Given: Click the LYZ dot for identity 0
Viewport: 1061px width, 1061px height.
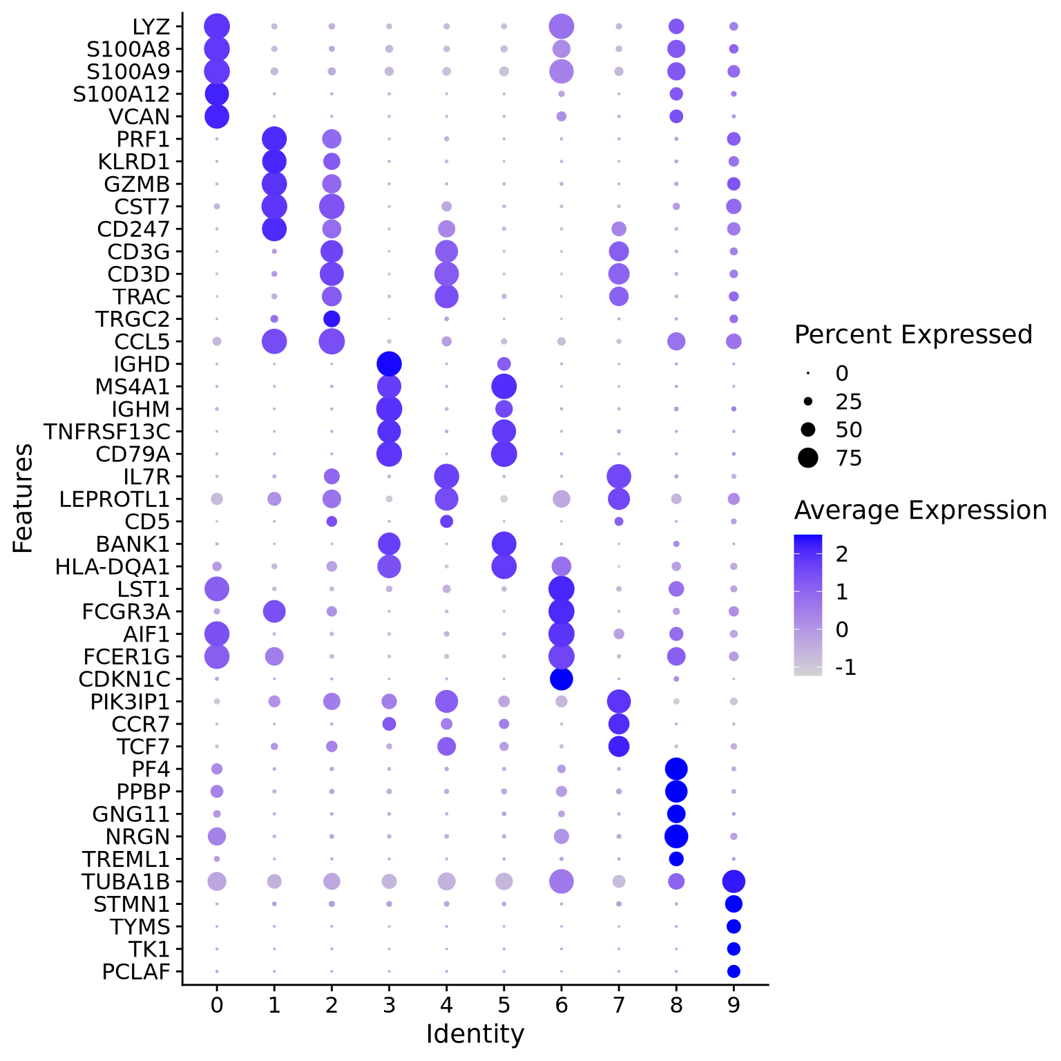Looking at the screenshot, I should (x=217, y=26).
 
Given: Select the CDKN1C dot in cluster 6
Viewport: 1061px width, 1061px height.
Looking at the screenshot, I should (x=561, y=678).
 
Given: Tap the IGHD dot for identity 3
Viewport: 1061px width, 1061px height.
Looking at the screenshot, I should (x=389, y=363).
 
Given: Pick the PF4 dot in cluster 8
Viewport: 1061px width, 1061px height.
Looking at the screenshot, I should (x=676, y=768).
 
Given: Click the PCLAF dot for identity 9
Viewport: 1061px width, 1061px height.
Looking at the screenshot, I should (x=734, y=971).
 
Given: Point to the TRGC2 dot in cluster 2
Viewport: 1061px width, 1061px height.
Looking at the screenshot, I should (x=332, y=318).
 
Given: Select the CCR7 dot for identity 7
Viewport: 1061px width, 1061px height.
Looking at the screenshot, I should (x=619, y=724).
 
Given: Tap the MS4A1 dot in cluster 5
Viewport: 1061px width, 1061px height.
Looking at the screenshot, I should (x=504, y=386).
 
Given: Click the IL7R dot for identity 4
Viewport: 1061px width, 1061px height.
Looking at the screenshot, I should (x=446, y=476).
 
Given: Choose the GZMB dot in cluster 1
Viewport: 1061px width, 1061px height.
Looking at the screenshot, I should (x=274, y=184).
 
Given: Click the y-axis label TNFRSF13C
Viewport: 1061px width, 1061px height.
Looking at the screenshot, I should (x=106, y=432).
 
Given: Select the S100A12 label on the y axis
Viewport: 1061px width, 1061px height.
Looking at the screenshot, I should (x=121, y=94).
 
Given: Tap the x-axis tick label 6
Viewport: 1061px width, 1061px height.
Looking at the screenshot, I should (x=561, y=1004).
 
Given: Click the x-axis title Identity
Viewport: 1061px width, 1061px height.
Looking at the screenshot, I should (x=475, y=1034).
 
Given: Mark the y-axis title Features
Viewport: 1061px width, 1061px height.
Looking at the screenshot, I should (x=23, y=498).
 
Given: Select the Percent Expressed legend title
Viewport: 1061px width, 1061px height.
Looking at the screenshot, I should (x=913, y=335).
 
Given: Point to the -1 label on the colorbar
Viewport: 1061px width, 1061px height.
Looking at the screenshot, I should (x=845, y=667).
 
